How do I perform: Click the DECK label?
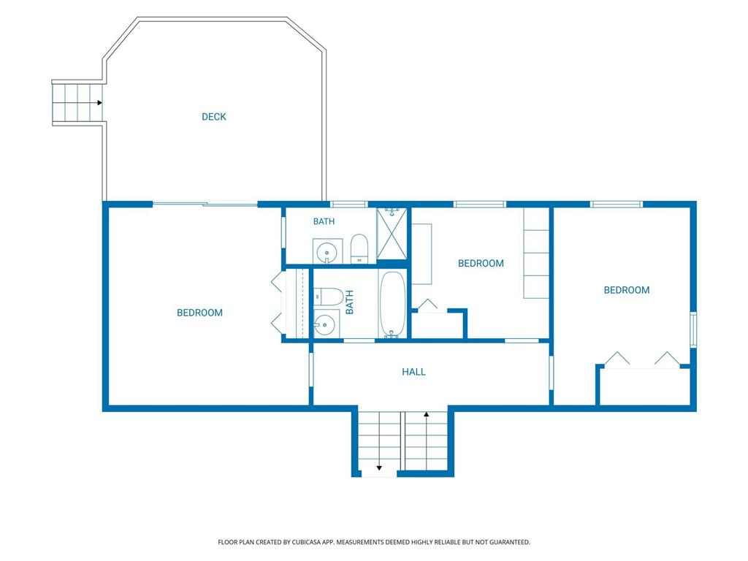click(214, 117)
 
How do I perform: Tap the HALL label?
click(413, 372)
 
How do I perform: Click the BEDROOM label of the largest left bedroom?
click(199, 313)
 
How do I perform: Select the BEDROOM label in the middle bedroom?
click(481, 263)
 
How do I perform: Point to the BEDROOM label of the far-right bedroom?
click(626, 290)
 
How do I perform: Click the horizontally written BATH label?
click(324, 221)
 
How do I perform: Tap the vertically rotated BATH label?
click(349, 302)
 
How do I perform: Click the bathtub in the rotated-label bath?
click(392, 305)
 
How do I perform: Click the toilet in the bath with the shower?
click(359, 248)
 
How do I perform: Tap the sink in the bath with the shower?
click(327, 251)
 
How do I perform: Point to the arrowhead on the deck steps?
click(99, 102)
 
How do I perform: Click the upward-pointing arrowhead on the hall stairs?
click(427, 415)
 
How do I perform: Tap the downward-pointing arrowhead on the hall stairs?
click(379, 468)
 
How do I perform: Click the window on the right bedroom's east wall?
click(693, 329)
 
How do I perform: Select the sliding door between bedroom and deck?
click(205, 205)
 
